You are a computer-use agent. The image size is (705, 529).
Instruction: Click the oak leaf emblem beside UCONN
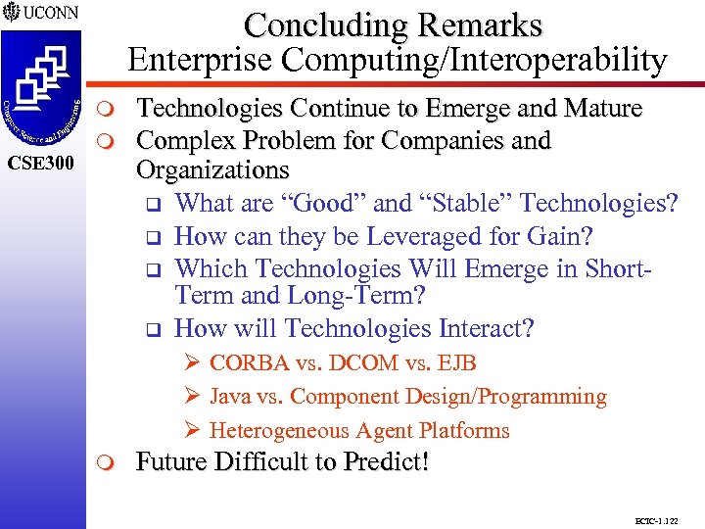pyautogui.click(x=11, y=15)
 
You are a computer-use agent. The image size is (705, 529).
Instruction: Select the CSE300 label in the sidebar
pyautogui.click(x=40, y=162)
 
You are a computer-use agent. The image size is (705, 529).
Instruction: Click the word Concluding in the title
pyautogui.click(x=317, y=24)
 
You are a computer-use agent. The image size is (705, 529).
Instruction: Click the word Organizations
pyautogui.click(x=212, y=170)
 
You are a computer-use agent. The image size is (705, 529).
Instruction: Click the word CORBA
pyautogui.click(x=249, y=363)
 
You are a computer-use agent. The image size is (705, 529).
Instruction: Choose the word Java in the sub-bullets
pyautogui.click(x=230, y=397)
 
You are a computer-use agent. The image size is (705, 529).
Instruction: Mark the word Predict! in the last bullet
pyautogui.click(x=383, y=461)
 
